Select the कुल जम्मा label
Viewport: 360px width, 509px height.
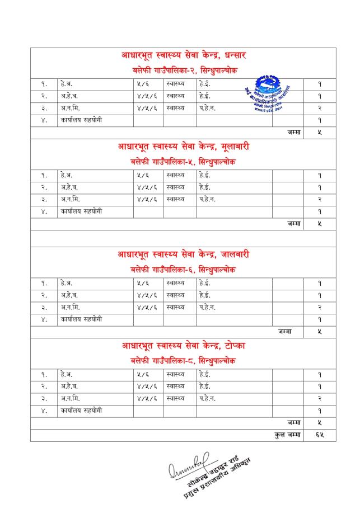pyautogui.click(x=289, y=434)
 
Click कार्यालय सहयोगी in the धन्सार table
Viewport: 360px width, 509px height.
pyautogui.click(x=82, y=120)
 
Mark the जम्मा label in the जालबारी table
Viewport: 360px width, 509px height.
pyautogui.click(x=286, y=331)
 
